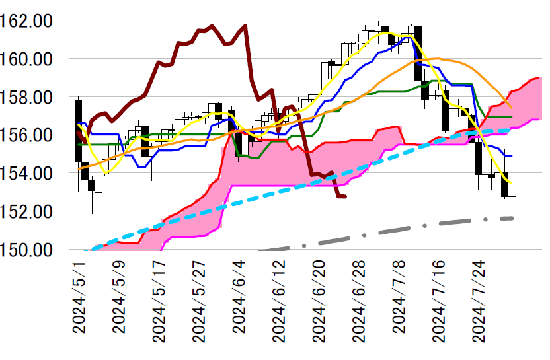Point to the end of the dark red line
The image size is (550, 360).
click(x=345, y=196)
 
